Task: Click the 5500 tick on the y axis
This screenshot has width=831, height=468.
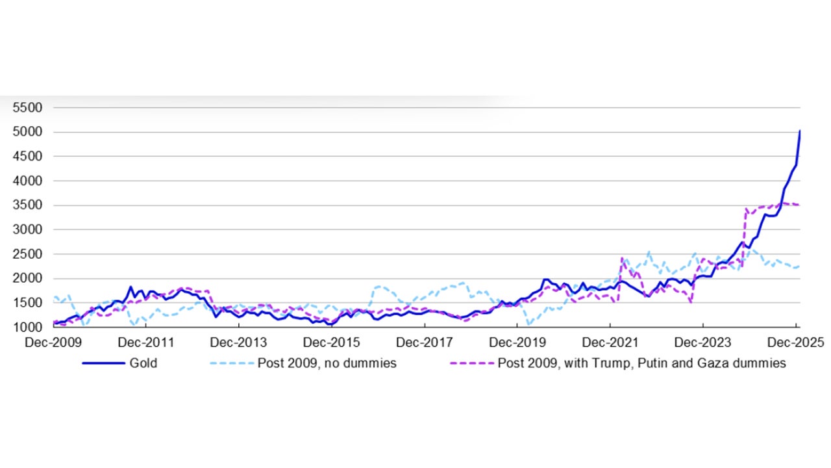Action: (x=27, y=108)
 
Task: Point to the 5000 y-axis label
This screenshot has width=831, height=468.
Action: (x=27, y=132)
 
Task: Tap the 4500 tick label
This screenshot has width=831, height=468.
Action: (x=27, y=157)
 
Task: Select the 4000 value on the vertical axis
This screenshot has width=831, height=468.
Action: (x=27, y=181)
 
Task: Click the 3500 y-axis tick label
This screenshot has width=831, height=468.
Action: (x=27, y=205)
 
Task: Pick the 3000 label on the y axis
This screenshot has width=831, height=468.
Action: (x=27, y=229)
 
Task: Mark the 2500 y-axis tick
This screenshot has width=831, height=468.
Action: (x=27, y=254)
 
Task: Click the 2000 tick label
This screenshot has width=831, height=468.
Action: (x=27, y=278)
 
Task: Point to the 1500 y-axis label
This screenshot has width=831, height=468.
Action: (x=27, y=303)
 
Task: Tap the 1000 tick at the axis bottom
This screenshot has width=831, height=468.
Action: (x=27, y=327)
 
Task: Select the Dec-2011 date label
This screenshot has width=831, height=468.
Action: (x=146, y=342)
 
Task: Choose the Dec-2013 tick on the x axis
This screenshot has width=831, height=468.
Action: (x=239, y=342)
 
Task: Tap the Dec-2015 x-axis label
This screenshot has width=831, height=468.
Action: (x=332, y=342)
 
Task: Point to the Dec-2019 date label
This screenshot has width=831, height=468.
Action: (x=517, y=342)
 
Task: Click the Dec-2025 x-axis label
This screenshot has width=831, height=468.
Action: (x=796, y=342)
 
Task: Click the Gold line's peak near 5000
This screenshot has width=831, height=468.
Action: (x=800, y=131)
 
